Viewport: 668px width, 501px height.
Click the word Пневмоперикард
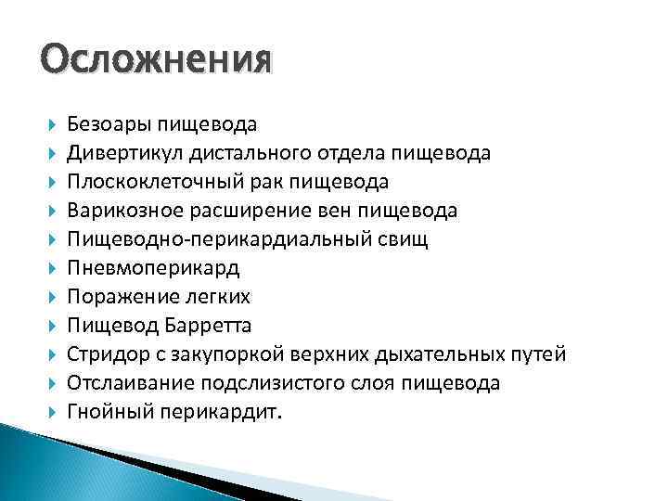(x=153, y=268)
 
